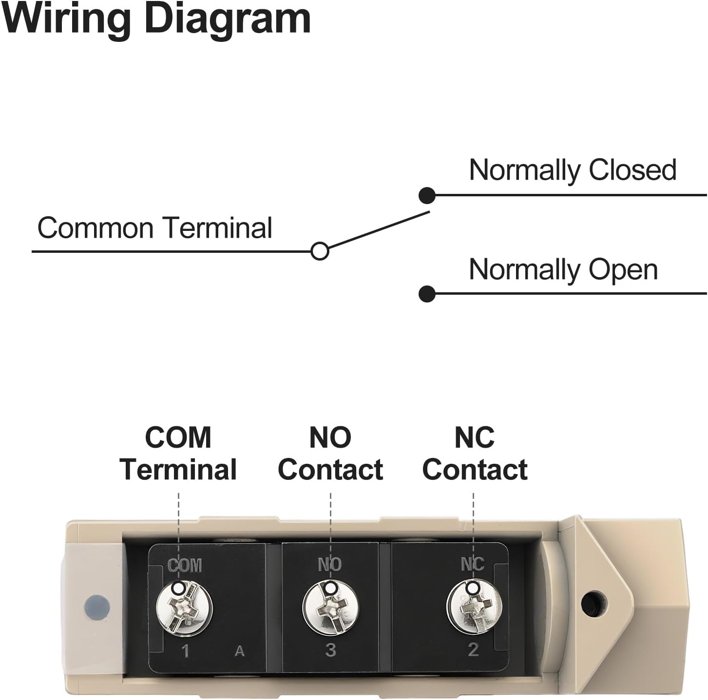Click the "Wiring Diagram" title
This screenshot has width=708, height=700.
tap(156, 20)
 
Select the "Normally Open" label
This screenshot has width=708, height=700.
tap(563, 270)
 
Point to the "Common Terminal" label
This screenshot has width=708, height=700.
tap(154, 228)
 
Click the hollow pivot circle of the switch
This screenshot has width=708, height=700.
tap(320, 251)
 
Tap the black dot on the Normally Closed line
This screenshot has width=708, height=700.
tap(427, 195)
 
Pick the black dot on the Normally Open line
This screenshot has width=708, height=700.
tap(427, 294)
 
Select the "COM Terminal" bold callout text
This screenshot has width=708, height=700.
tap(178, 454)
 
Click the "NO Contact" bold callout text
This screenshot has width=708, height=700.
tap(330, 454)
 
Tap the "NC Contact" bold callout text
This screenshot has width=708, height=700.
tap(475, 454)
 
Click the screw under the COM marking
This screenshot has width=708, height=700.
tap(185, 608)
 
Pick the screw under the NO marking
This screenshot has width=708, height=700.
tap(330, 607)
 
